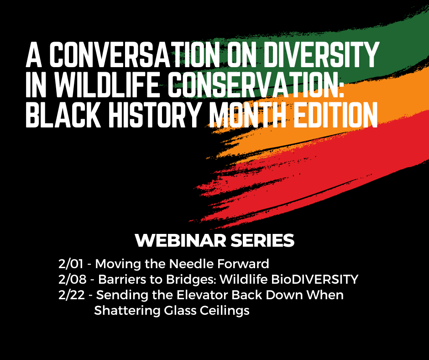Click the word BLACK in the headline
63,114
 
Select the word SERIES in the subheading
262,241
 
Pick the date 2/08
72,280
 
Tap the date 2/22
72,295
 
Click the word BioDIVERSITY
314,280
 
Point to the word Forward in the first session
243,264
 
